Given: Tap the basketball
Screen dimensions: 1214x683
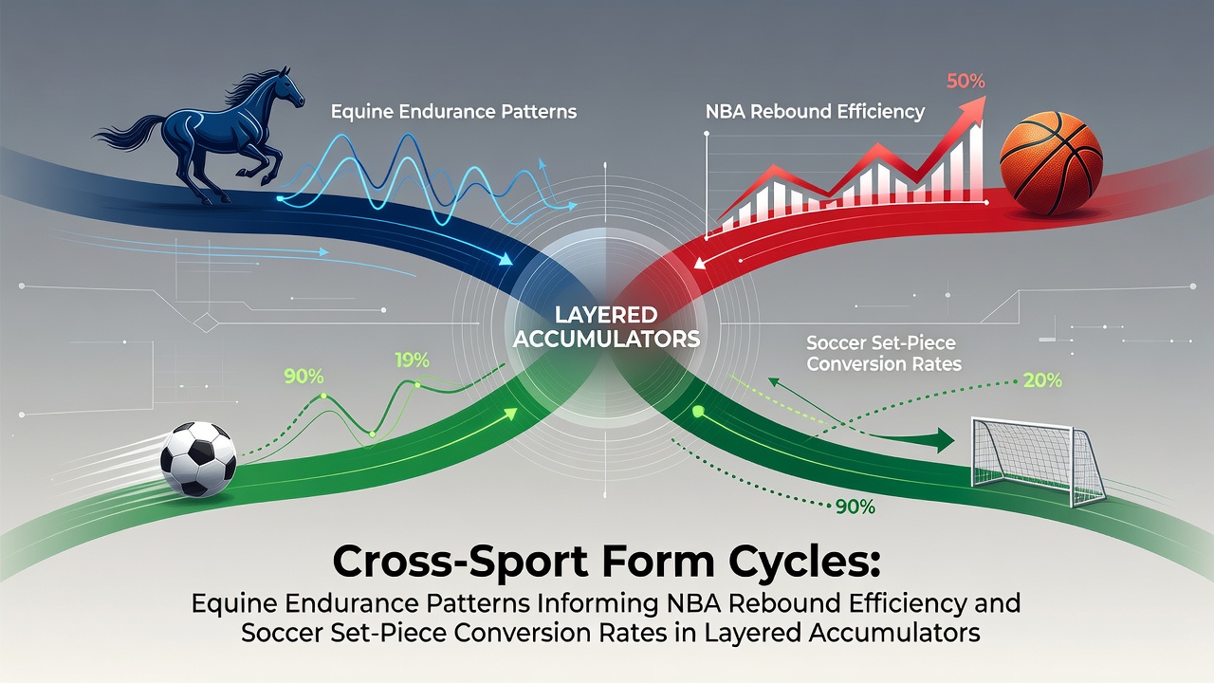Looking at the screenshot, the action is point(1051,162).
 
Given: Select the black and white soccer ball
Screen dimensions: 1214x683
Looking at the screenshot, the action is point(198,459).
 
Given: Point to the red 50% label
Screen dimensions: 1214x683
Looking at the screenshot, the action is point(966,82).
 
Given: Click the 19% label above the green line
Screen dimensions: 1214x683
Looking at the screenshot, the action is point(412,360).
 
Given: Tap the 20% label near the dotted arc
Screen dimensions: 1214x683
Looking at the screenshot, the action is point(1042,381).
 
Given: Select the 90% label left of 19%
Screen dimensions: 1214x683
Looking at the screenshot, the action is point(303,377).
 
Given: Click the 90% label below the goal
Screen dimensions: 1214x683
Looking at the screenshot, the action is point(855,507).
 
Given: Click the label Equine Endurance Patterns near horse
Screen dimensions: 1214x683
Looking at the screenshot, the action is point(453,112).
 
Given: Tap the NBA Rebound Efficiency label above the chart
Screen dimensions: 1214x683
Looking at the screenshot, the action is point(815,111).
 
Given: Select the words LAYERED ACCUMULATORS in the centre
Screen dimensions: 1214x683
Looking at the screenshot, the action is point(606,327).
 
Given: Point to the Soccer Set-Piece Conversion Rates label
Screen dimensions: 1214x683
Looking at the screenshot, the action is point(884,353).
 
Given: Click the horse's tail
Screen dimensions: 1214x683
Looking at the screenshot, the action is point(130,133).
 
